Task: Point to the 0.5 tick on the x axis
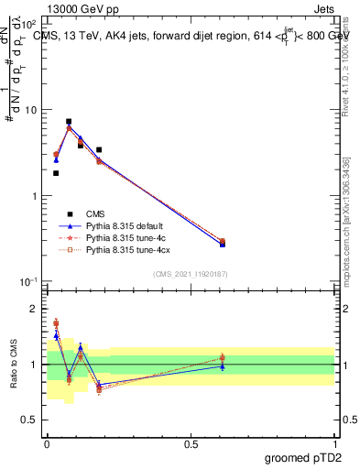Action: click(191, 442)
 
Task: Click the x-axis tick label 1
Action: click(334, 442)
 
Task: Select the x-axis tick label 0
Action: click(47, 442)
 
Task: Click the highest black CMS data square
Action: click(69, 121)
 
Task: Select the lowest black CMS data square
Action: click(56, 173)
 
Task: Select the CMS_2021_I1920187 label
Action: click(191, 273)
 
